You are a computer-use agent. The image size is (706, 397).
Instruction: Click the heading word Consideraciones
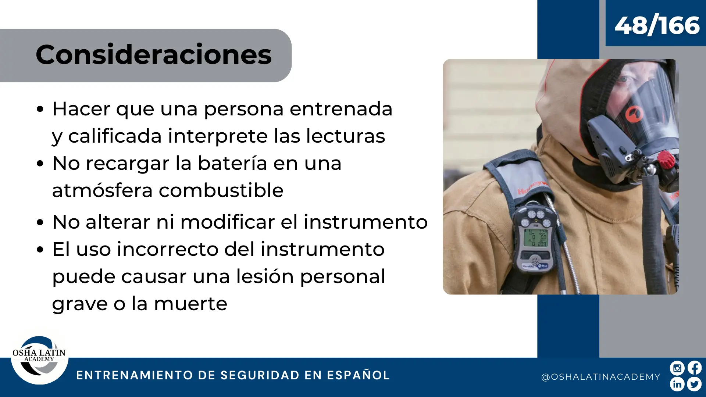[154, 54]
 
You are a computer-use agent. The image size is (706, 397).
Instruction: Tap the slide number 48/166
[657, 25]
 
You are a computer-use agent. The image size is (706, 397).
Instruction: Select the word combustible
[221, 190]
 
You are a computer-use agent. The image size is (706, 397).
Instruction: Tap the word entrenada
[341, 109]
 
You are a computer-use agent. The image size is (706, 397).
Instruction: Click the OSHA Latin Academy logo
[39, 360]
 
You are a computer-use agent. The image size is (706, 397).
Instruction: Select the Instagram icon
[677, 368]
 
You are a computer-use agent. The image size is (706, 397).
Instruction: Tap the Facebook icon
[694, 368]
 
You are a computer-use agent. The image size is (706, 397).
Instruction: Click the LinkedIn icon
[677, 384]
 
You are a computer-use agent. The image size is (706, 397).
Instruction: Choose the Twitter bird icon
[694, 384]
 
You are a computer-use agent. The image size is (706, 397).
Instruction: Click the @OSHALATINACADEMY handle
[600, 377]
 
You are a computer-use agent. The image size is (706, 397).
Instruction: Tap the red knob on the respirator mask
[666, 160]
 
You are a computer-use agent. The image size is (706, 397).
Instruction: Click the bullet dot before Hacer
[40, 109]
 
